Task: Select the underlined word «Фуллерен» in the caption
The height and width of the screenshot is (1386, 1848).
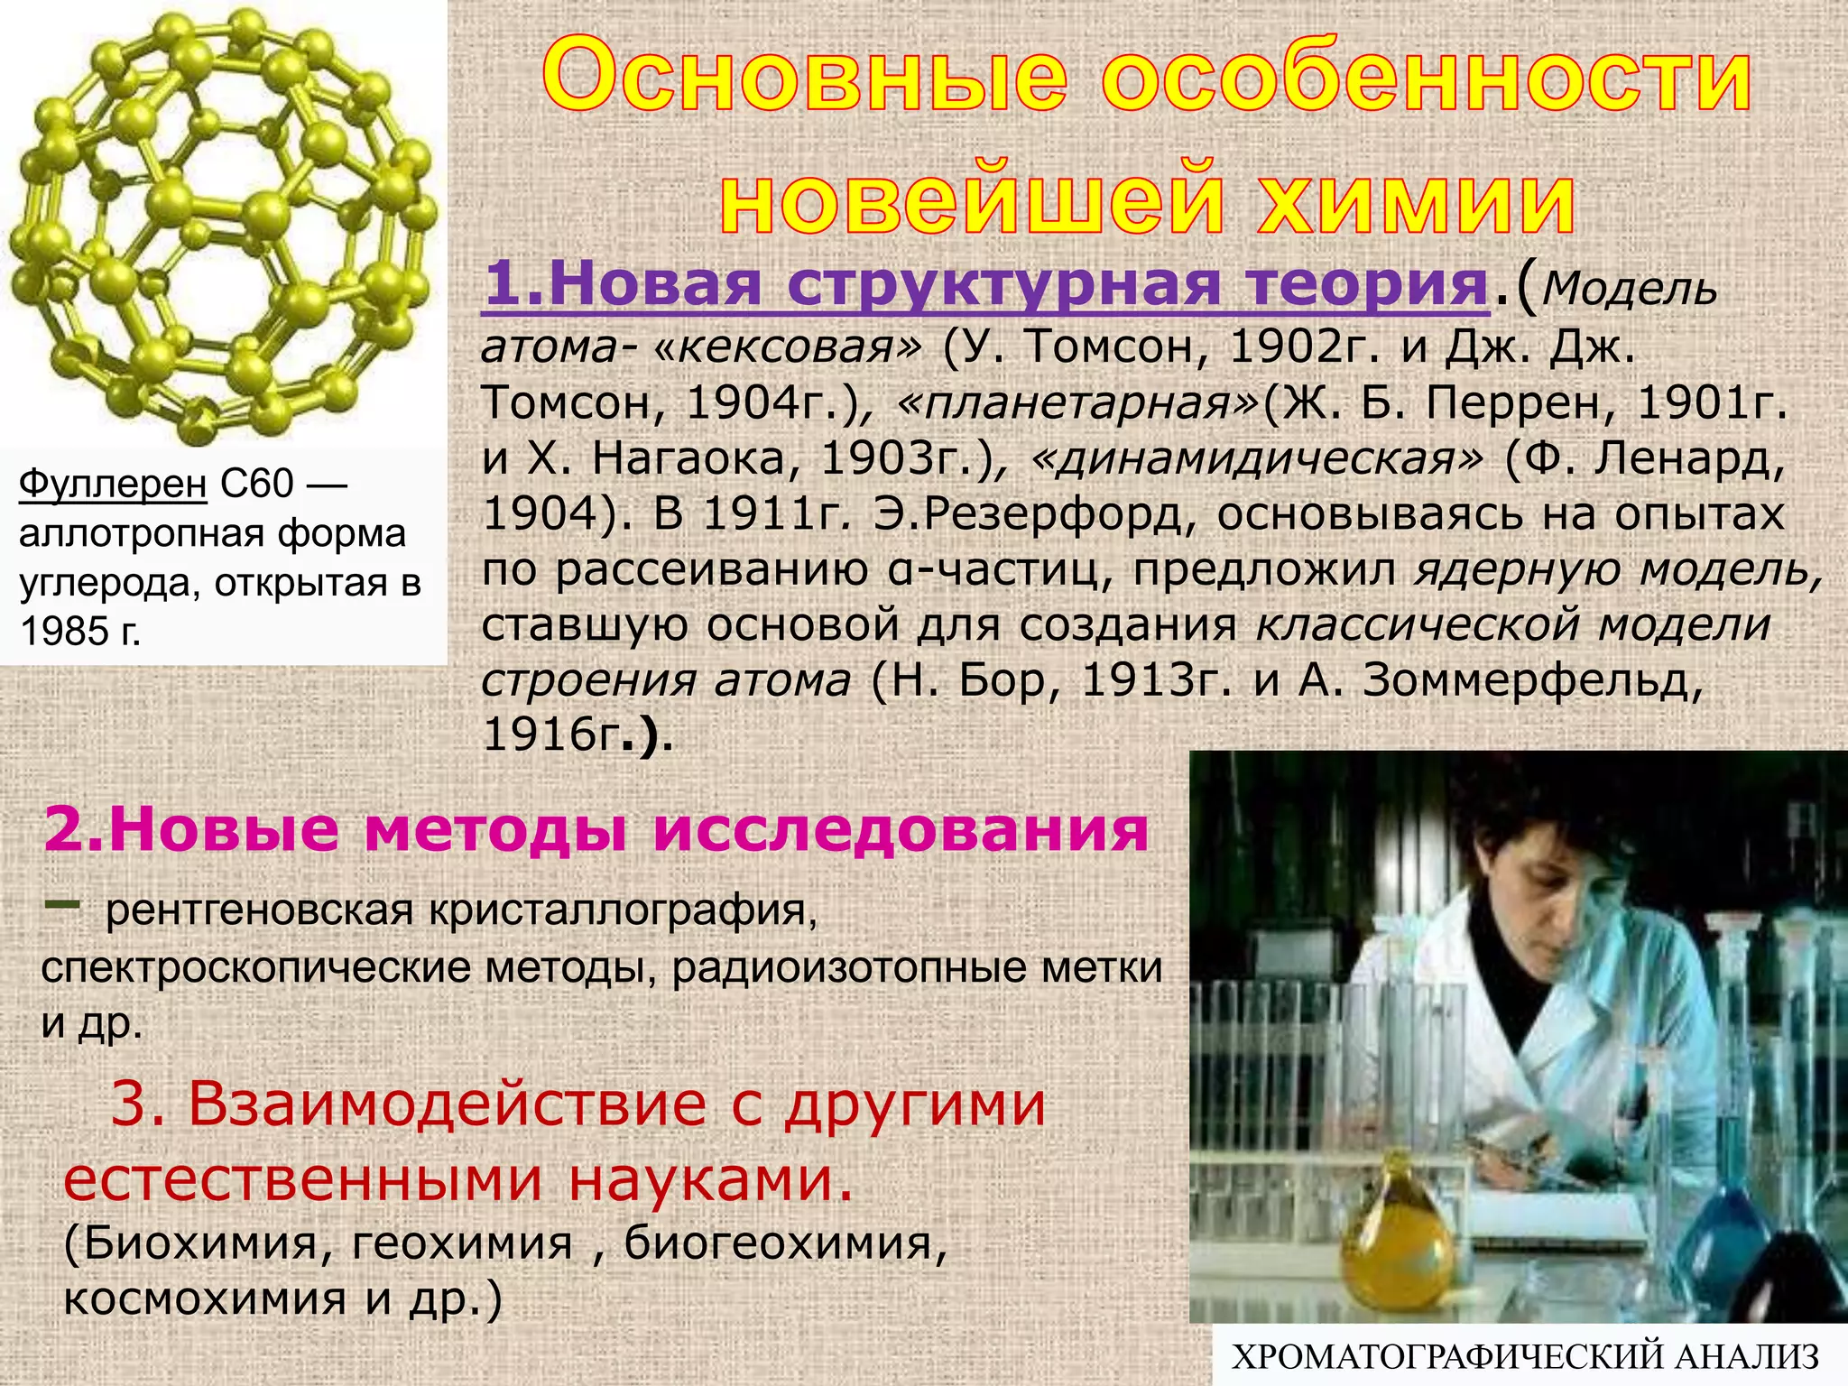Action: click(x=113, y=485)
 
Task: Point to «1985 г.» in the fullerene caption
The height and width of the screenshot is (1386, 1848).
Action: click(x=80, y=631)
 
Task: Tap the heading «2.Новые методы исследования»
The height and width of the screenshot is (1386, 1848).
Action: click(x=596, y=829)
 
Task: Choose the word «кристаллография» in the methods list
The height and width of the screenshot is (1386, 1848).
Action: click(x=623, y=911)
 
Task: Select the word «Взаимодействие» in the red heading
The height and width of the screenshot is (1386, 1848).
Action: click(x=448, y=1104)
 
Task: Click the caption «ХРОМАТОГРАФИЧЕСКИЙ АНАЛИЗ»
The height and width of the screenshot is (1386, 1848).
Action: click(x=1525, y=1357)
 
